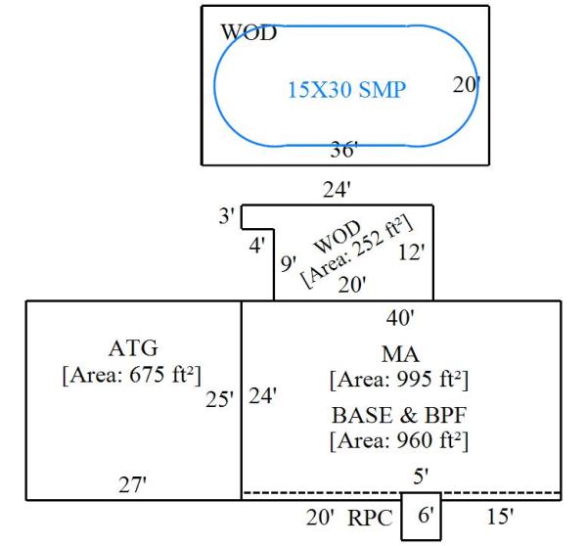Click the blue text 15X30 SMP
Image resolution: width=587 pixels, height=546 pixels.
(346, 91)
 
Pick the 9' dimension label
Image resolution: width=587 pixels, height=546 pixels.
(288, 263)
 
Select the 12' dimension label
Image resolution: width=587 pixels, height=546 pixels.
(412, 252)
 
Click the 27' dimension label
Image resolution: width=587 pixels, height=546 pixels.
(132, 485)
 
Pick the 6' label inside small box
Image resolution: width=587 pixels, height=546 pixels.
(421, 516)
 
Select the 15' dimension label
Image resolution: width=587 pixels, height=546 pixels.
(499, 516)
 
